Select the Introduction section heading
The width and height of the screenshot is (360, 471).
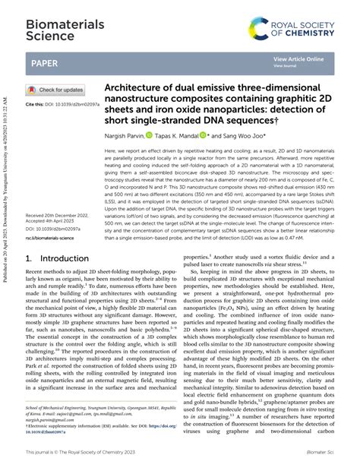(x=58, y=258)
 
